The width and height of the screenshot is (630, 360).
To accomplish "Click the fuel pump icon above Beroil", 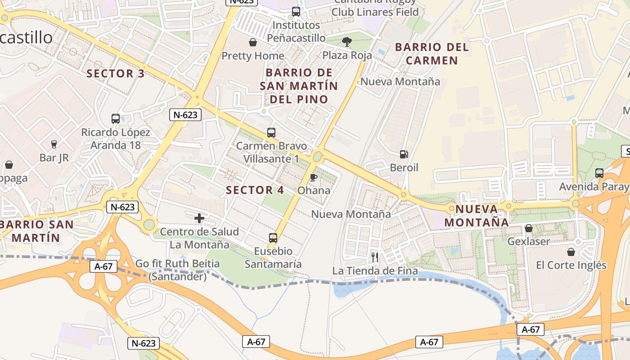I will coord(404,154).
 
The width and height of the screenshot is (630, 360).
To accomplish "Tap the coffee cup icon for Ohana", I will coord(314,177).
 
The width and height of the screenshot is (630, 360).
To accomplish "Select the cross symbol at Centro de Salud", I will coord(199,219).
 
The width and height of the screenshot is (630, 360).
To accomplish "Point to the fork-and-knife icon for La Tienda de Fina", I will coord(374,257).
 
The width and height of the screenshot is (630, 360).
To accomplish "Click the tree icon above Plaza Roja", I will coord(346,42).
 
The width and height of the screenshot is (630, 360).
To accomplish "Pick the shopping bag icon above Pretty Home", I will coord(253,42).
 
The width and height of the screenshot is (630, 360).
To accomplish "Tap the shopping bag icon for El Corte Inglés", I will coord(571,252).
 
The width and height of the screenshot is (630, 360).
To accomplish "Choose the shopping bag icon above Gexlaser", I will coord(529,228).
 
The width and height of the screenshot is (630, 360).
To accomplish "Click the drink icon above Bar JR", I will coord(54,144).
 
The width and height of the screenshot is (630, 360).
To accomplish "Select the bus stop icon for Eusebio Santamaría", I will coord(273,238).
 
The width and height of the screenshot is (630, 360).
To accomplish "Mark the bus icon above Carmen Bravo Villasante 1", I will coord(271,132).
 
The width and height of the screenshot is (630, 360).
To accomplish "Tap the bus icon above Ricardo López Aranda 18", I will coord(116,119).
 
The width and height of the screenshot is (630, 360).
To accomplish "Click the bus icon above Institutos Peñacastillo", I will coord(296,12).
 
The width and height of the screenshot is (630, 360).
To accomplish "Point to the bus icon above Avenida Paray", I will coord(599,173).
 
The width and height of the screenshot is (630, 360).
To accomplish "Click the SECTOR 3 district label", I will coord(116,73).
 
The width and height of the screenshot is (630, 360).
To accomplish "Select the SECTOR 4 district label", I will coord(255,190).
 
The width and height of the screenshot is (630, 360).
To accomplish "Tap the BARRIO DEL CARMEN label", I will coord(432,54).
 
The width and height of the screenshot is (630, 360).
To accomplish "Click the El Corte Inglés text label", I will coord(571,265).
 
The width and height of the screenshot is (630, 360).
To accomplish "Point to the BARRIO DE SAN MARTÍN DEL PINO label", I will coord(299,85).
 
